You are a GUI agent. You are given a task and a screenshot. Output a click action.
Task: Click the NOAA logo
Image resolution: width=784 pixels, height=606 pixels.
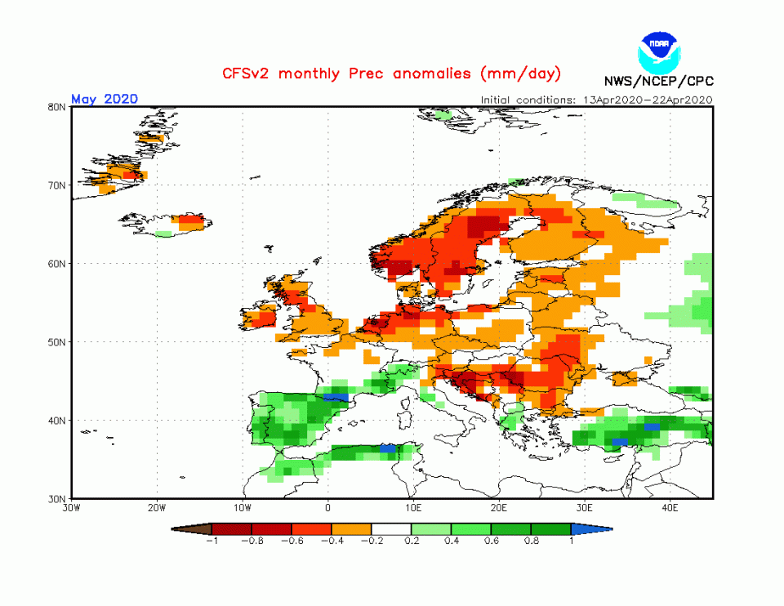pos(659,51)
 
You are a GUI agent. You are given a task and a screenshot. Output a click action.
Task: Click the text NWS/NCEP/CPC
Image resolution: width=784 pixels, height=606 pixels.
pos(658,81)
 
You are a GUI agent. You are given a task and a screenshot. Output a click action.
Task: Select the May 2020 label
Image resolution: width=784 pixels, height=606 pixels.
pos(104,99)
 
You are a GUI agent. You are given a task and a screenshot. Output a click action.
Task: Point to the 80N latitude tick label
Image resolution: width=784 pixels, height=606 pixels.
pos(56,107)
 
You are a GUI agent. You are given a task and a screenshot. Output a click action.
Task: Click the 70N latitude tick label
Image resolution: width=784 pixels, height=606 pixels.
pos(56,185)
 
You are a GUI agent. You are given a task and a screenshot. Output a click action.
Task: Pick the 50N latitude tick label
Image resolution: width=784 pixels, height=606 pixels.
pos(56,342)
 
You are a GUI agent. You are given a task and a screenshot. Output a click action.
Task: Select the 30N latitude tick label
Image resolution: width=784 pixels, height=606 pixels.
pos(56,498)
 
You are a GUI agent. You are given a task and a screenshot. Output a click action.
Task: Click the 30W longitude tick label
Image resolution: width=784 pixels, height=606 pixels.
pos(71,508)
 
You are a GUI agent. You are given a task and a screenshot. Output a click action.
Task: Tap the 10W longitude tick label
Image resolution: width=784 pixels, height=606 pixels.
pos(242,508)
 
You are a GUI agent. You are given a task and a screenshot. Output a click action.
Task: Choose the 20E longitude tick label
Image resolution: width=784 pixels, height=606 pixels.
pos(499,508)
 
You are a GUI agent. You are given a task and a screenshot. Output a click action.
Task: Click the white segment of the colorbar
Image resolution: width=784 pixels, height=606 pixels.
pos(391,529)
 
